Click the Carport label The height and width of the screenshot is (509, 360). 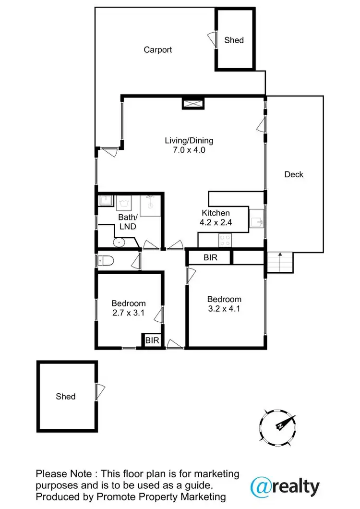(158, 49)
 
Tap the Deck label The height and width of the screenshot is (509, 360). (294, 174)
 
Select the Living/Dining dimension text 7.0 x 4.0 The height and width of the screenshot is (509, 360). (189, 150)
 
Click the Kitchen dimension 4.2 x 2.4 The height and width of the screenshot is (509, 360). (216, 222)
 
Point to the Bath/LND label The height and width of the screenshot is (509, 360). (128, 221)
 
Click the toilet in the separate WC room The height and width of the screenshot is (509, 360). (106, 261)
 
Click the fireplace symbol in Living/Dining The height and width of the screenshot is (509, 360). (193, 103)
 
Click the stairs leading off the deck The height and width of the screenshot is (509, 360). (279, 262)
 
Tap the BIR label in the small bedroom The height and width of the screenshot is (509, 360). (152, 340)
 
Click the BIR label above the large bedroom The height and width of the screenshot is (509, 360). (210, 257)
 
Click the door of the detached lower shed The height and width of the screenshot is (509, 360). (99, 392)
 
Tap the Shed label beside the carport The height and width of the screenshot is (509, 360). (234, 40)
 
